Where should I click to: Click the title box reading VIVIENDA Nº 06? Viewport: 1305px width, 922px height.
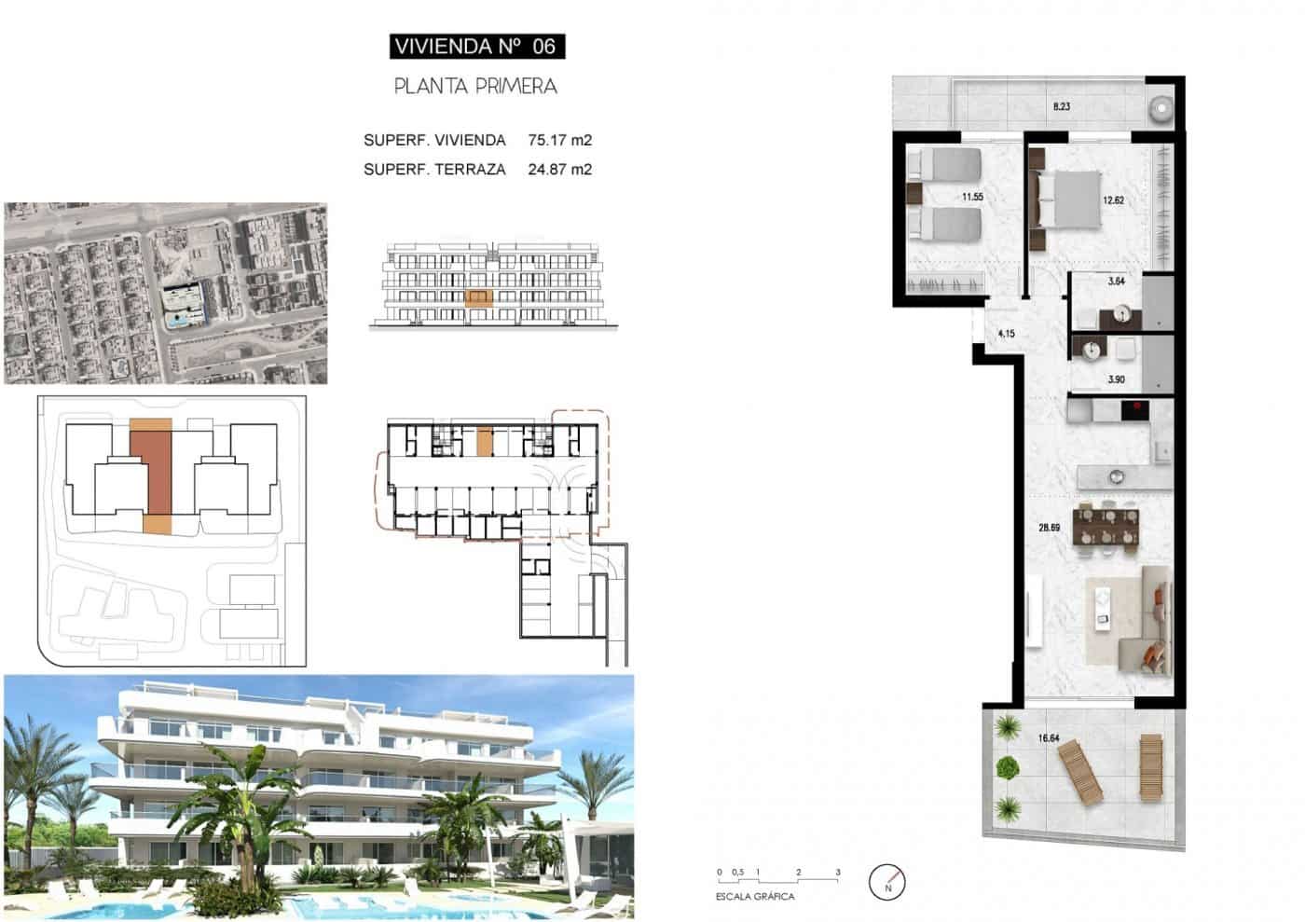click(x=475, y=46)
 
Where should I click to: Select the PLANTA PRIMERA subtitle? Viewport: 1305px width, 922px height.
click(x=475, y=87)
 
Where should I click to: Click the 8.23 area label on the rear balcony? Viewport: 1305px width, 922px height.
click(x=1061, y=107)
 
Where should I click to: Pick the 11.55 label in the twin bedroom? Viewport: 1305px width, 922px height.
click(x=972, y=198)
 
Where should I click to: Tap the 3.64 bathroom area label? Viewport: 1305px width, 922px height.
click(x=1117, y=282)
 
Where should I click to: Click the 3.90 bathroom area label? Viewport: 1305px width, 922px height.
click(x=1117, y=379)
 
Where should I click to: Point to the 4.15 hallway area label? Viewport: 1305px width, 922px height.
click(x=1006, y=334)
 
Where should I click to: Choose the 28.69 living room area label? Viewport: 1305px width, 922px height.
click(x=1049, y=528)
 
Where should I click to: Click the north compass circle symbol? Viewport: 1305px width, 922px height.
click(x=887, y=882)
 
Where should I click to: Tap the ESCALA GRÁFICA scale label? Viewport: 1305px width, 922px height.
click(x=755, y=897)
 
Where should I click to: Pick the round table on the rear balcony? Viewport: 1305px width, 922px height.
click(x=1161, y=108)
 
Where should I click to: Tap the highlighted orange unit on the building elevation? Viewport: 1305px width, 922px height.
click(x=477, y=298)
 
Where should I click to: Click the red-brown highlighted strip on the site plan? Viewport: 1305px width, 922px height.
click(x=150, y=471)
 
